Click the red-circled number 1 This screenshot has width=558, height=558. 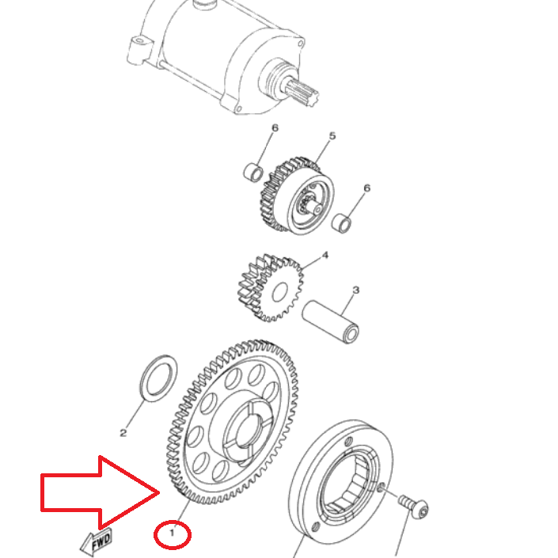[173, 533]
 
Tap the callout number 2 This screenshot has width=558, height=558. [123, 433]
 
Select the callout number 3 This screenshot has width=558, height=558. [356, 290]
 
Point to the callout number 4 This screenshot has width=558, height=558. [325, 255]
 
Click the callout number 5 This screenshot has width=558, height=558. [332, 135]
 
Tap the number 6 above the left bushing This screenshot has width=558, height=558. [275, 127]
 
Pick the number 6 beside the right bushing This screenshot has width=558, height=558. [367, 188]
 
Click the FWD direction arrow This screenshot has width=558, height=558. [97, 542]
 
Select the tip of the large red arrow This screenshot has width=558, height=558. [159, 493]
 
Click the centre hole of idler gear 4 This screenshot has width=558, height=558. [280, 292]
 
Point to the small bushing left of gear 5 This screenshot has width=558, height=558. [253, 172]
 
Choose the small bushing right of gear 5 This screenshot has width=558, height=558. [342, 223]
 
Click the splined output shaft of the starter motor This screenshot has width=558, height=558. [302, 92]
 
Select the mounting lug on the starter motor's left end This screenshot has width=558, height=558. [138, 50]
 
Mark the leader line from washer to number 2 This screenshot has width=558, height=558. [135, 414]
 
